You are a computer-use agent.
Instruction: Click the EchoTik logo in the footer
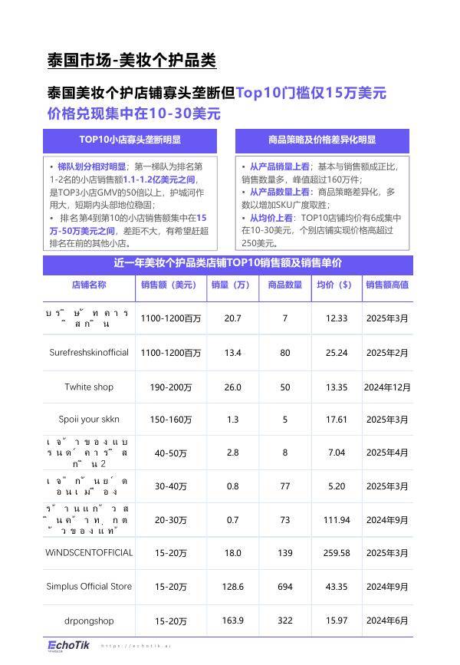[67, 645]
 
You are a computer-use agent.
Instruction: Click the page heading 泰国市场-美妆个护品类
[131, 61]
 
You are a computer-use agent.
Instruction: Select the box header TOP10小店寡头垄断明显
[130, 140]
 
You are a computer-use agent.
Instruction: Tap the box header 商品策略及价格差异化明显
[322, 140]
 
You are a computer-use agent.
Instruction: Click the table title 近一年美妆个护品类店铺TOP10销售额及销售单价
[228, 263]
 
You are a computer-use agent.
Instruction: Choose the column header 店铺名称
[89, 285]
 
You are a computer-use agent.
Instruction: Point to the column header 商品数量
[284, 285]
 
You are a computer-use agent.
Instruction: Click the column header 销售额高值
[387, 285]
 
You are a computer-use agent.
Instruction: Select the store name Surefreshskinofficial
[89, 353]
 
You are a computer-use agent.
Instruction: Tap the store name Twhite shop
[89, 387]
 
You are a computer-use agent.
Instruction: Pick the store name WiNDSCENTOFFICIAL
[89, 552]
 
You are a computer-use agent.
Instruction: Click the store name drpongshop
[89, 621]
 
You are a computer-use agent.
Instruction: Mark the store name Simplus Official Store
[89, 587]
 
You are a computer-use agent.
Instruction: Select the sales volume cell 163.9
[232, 621]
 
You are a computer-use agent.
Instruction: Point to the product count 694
[285, 587]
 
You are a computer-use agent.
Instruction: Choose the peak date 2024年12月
[387, 387]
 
